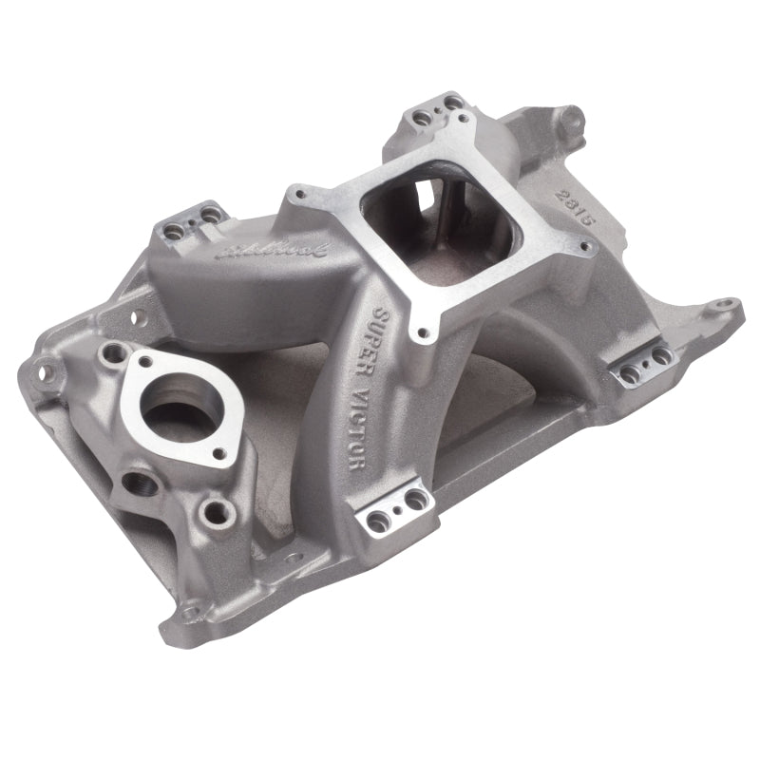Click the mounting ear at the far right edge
[x=727, y=308]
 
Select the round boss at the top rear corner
[x=572, y=119]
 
